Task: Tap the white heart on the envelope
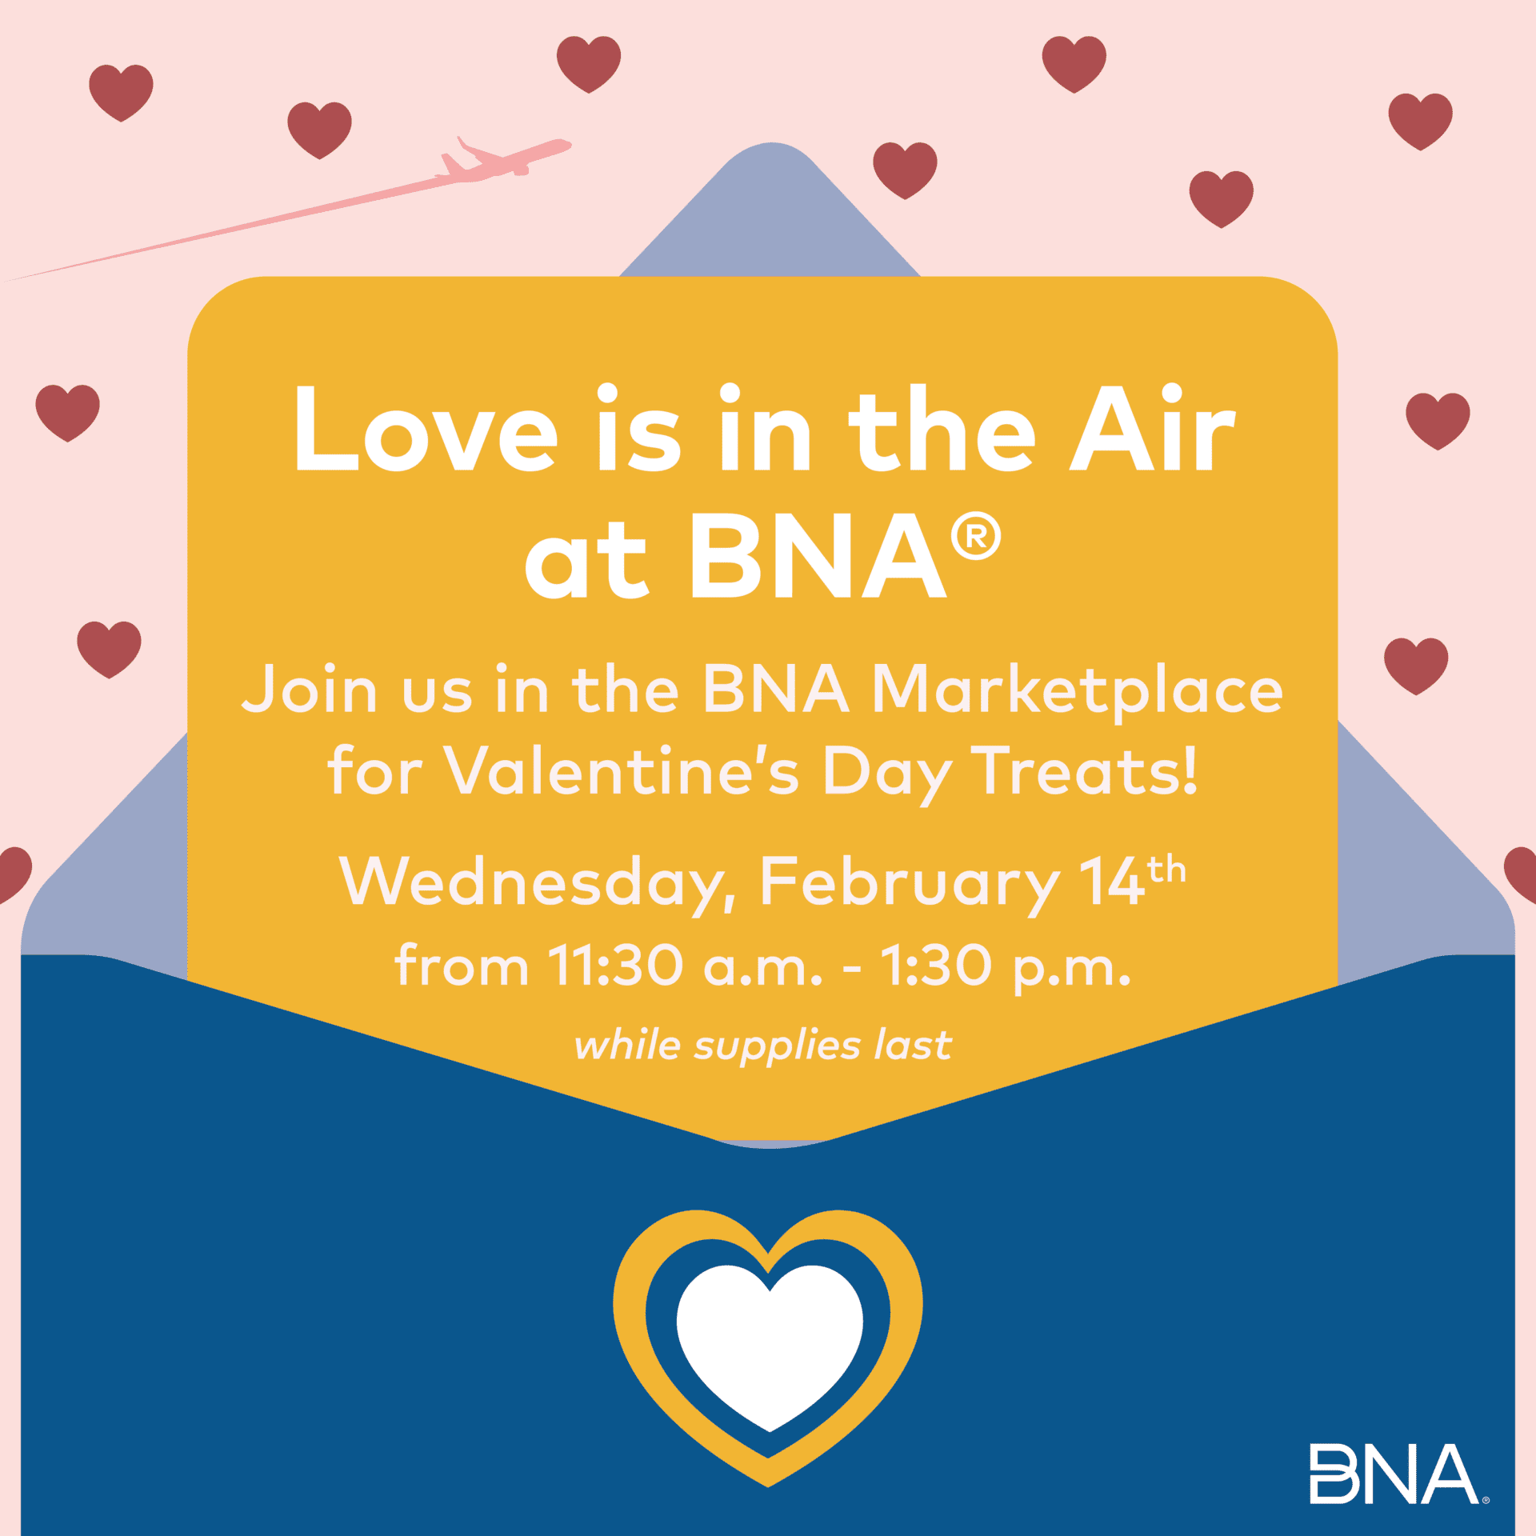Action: [x=770, y=1347]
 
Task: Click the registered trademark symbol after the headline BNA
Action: [x=976, y=537]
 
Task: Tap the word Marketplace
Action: [x=1077, y=690]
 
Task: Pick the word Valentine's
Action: [x=621, y=772]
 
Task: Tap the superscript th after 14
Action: [x=1166, y=869]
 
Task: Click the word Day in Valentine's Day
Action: [x=887, y=774]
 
